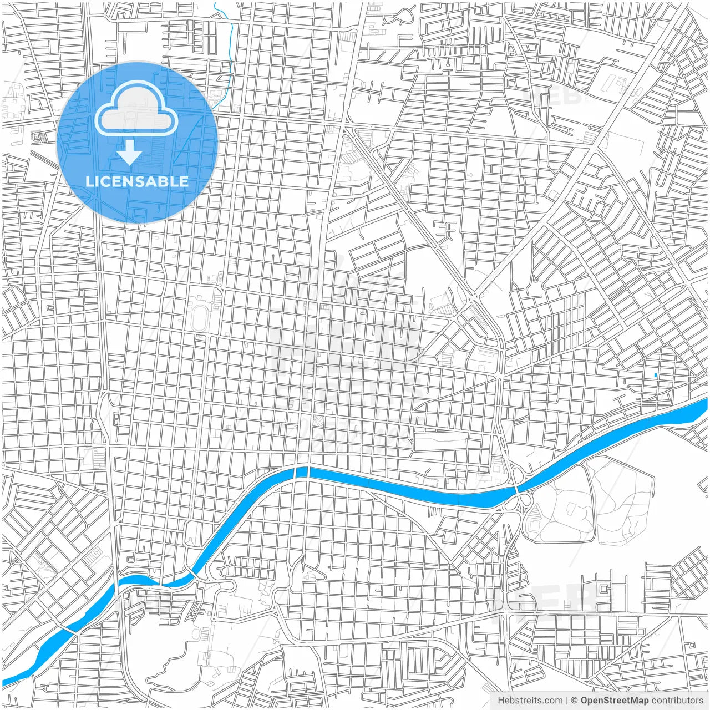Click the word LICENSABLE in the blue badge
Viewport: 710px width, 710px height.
point(137,181)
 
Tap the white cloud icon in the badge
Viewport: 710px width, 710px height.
point(136,109)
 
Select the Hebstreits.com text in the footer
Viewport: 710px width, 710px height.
point(530,701)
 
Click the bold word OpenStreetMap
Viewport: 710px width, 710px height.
point(614,701)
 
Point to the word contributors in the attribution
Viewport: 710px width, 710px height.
point(677,701)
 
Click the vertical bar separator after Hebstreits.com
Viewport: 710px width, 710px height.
point(567,701)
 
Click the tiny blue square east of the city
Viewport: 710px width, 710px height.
point(656,376)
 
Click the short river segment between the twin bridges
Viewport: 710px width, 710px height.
point(301,472)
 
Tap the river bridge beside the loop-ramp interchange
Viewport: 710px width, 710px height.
point(517,489)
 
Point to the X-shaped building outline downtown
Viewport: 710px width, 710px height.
point(318,421)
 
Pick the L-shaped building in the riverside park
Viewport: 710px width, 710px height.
point(535,524)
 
